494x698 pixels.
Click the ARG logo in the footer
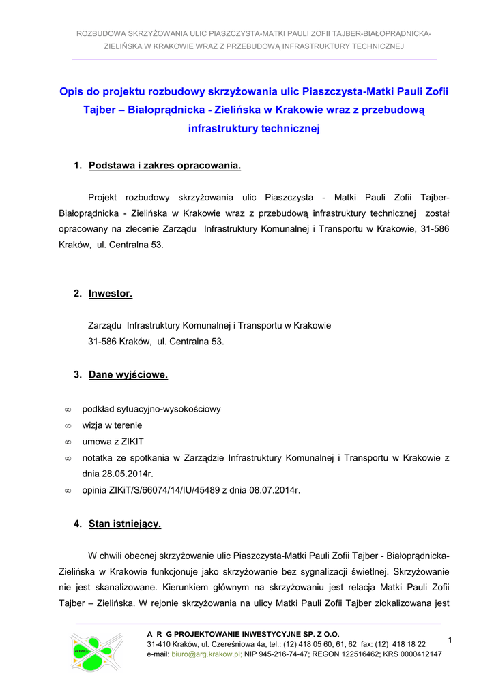click(x=96, y=652)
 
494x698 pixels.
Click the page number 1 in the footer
click(x=451, y=639)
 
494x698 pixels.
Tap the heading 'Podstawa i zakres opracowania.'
click(x=164, y=166)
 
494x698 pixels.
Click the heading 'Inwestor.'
click(x=111, y=294)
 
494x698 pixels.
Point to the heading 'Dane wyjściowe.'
click(x=128, y=375)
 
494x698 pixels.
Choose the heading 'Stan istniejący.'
click(x=125, y=524)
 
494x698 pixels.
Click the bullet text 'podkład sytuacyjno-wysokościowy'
click(x=151, y=409)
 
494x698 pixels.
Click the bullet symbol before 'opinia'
click(x=68, y=490)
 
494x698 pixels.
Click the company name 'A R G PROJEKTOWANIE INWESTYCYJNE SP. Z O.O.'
click(x=243, y=634)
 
